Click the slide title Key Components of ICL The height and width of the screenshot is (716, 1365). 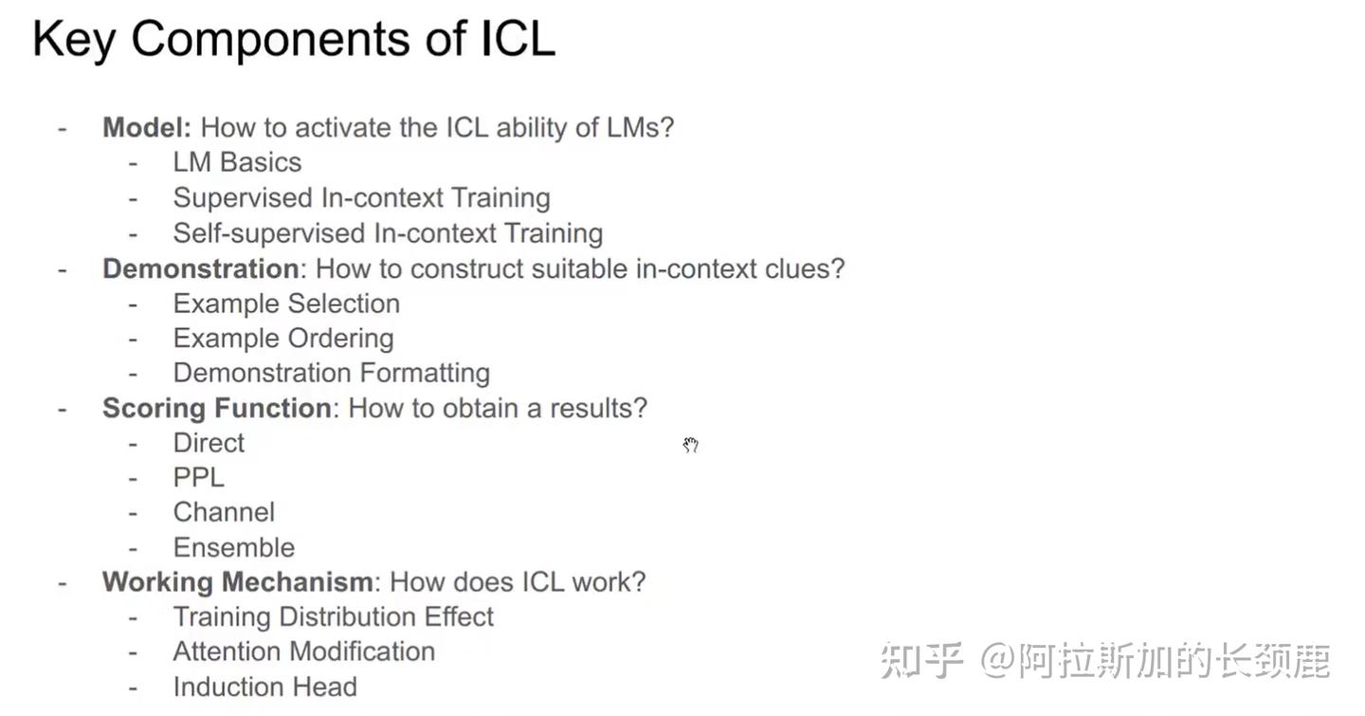(x=293, y=40)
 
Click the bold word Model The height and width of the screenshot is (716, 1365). (x=147, y=127)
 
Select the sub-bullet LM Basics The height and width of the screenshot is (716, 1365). (x=237, y=162)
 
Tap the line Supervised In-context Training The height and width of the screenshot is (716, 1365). (x=361, y=197)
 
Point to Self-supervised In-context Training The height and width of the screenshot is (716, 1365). (x=388, y=232)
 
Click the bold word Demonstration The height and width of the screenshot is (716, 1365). (x=200, y=268)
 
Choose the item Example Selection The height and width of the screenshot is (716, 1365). (x=286, y=303)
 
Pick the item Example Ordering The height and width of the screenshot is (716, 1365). (x=283, y=338)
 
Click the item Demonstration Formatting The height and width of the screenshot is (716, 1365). (x=331, y=373)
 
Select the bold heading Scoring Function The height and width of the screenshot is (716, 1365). (x=216, y=408)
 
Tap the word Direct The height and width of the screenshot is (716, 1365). (x=209, y=443)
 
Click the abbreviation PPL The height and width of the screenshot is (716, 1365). (x=198, y=477)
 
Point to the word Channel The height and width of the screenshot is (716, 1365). (x=224, y=512)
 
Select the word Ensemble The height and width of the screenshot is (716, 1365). (x=233, y=547)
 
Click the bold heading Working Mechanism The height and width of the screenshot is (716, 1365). (x=237, y=581)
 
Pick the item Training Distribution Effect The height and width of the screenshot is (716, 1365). (x=333, y=616)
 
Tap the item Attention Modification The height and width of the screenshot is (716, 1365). (x=303, y=652)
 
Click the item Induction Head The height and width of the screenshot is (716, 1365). (x=264, y=687)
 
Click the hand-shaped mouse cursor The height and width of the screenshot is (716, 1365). (x=690, y=445)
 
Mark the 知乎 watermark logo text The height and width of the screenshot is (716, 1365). (x=921, y=660)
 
